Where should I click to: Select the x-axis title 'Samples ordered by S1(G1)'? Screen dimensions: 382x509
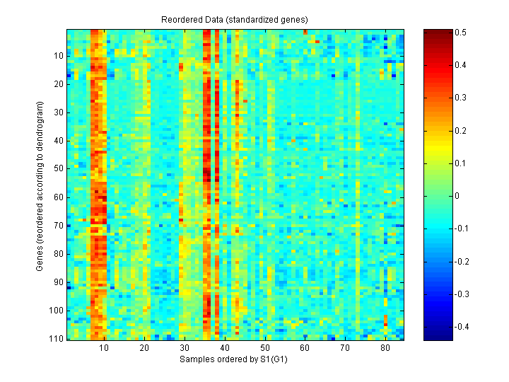236,360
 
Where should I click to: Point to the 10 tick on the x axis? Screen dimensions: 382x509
104,349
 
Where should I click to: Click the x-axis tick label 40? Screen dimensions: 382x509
224,349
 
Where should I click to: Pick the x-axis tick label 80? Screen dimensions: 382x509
385,349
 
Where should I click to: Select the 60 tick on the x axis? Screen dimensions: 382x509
305,349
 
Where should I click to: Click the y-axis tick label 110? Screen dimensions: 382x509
57,339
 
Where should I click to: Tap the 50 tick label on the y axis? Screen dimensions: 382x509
59,169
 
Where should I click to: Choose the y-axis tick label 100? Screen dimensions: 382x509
57,311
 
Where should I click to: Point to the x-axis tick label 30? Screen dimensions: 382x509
184,349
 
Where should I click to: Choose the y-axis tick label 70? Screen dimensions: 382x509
59,226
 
